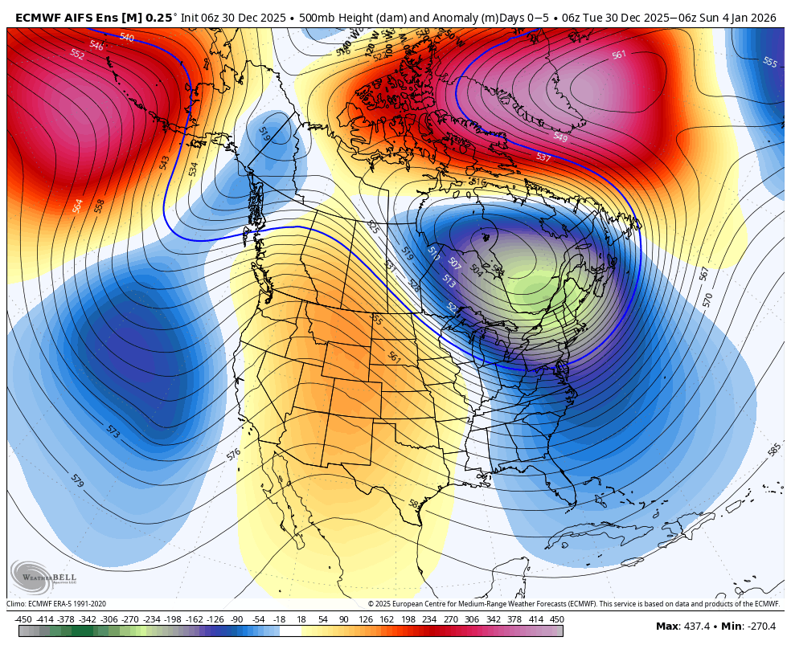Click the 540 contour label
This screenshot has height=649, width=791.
pos(126,37)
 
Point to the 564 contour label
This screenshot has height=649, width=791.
pos(78,206)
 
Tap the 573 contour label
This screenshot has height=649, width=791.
pos(113,431)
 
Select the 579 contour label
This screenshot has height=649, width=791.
pos(77,481)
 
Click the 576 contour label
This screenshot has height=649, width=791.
pos(233,454)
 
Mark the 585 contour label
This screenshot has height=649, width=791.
pos(774,451)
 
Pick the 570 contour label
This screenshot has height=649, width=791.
pos(707,300)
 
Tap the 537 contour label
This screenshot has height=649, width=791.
pos(543,157)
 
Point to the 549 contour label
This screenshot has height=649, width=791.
pos(560,138)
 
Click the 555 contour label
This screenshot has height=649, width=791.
pos(769,62)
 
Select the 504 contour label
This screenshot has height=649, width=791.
pos(476,270)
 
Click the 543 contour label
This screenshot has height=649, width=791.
pos(165,163)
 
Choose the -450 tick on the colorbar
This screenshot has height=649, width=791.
pos(23,619)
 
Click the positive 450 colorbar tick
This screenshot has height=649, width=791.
pos(556,619)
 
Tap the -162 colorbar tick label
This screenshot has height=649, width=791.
pos(195,619)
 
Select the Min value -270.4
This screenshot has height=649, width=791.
pos(759,627)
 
